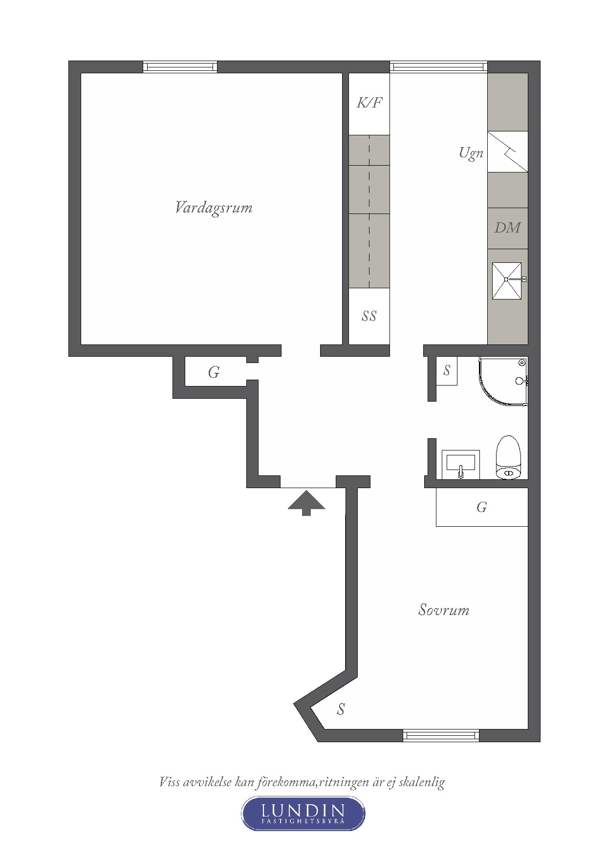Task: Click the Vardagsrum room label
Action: pos(214,208)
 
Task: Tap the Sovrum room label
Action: pos(444,610)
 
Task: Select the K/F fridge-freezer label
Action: pos(369,103)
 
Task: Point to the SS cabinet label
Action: pos(369,316)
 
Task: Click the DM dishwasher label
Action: pos(507,228)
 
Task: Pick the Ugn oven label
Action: pos(471,153)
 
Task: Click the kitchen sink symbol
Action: pos(507,280)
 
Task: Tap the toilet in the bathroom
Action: pos(509,457)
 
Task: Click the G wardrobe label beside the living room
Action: pos(214,372)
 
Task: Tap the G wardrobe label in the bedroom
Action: pos(481,507)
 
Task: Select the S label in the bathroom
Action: pos(447,371)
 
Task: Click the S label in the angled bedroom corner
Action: pos(341,709)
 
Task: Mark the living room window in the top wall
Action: pos(180,67)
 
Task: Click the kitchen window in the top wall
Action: pos(438,66)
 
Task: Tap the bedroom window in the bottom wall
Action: pos(441,735)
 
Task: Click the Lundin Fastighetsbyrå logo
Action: pos(303,813)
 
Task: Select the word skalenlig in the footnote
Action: pos(422,782)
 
